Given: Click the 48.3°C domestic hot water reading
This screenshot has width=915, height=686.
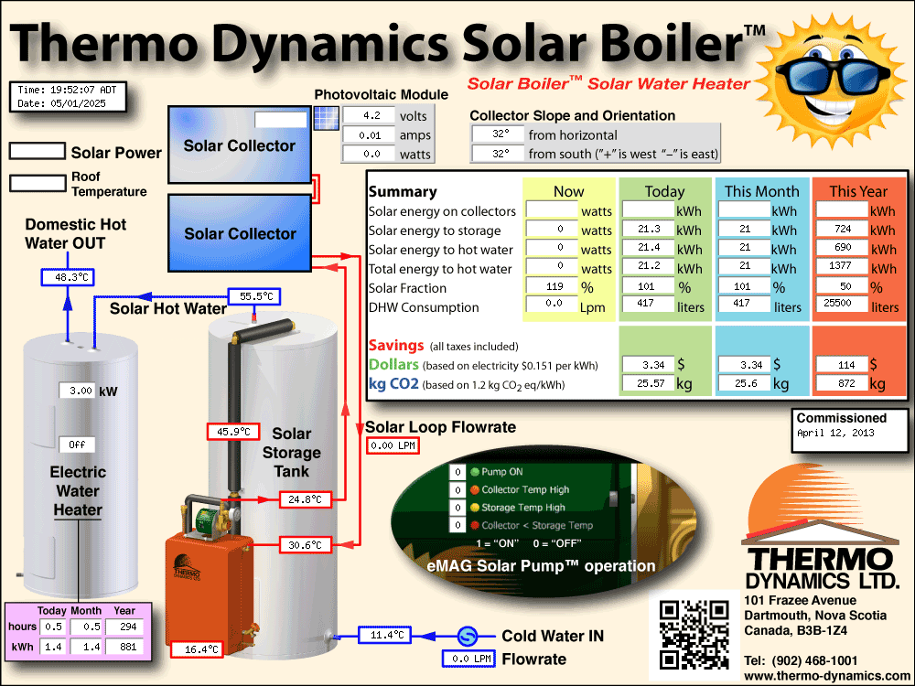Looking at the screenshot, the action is point(68,277).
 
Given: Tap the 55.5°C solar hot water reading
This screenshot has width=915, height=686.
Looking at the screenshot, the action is point(253,296).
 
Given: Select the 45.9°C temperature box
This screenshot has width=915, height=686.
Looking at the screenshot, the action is point(233,432).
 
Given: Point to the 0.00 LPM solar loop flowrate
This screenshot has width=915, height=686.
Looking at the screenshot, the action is point(393,445).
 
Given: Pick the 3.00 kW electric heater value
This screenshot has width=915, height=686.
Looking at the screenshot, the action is point(77,391).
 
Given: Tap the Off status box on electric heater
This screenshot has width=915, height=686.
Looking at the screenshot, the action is point(77,445).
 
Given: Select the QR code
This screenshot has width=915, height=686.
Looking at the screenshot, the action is point(694,635).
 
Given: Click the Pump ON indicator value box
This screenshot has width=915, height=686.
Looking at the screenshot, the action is point(457,472).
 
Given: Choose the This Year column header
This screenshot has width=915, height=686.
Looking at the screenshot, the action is point(858,191).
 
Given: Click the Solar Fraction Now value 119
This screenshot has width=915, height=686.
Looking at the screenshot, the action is point(552,286).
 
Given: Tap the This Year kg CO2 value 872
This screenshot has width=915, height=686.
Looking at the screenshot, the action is point(842,383).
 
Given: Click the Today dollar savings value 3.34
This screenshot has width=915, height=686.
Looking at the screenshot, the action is point(649,365).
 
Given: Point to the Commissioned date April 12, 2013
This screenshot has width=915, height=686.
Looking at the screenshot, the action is point(835,433).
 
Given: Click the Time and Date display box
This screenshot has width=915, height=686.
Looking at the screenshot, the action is point(68,97).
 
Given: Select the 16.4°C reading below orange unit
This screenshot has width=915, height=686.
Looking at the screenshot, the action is point(198,649).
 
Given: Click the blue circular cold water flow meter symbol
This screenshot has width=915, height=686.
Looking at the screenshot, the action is point(467,636).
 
